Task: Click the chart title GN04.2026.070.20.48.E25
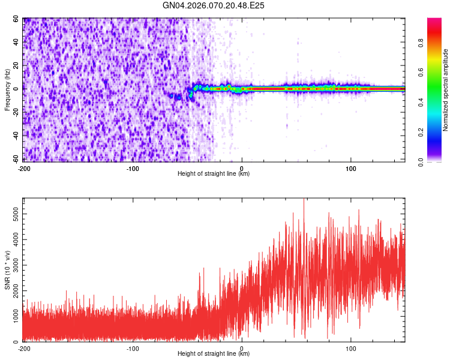[x=214, y=5]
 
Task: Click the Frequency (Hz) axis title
[x=7, y=90]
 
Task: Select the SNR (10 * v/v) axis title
[x=7, y=269]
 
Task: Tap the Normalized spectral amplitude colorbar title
[x=446, y=90]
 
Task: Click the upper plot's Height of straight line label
[x=214, y=174]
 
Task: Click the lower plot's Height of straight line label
[x=214, y=354]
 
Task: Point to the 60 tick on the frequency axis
[x=17, y=19]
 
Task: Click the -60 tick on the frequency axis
[x=16, y=160]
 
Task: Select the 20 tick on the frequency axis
[x=17, y=66]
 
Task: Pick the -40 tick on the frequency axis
[x=16, y=136]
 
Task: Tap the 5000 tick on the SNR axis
[x=13, y=213]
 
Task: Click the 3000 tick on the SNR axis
[x=13, y=265]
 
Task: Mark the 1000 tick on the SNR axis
[x=13, y=316]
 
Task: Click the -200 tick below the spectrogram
[x=24, y=168]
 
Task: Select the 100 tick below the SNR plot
[x=351, y=348]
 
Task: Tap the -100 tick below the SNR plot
[x=133, y=348]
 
